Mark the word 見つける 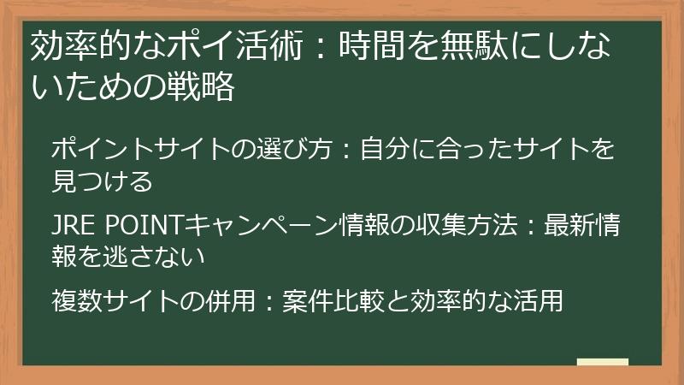pos(102,181)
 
